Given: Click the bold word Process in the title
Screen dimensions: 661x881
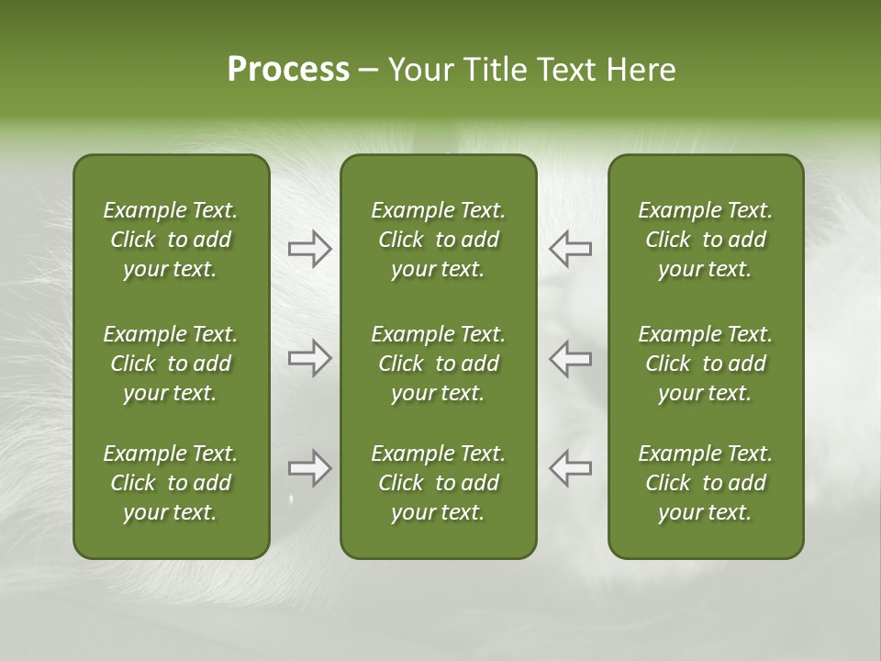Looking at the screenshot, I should [288, 70].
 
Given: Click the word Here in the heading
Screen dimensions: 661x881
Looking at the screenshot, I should [641, 70].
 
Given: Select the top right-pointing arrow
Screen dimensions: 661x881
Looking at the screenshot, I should [309, 249].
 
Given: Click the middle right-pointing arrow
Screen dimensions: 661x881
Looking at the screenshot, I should [309, 358].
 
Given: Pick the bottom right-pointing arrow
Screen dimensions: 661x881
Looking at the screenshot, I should [309, 468].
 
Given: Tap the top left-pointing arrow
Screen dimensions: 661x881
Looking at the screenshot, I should [570, 249].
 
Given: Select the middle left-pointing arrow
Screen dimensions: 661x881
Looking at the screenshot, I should [570, 358].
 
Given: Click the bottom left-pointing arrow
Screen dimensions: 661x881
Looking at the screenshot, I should [570, 468].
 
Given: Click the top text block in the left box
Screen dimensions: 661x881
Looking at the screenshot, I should [171, 240].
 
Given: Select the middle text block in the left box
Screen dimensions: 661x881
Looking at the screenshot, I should [171, 364].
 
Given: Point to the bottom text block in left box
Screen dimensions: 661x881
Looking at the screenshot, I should [171, 483].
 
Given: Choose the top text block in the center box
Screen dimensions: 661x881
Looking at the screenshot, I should [438, 240].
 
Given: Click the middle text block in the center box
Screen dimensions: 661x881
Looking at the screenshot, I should [438, 364].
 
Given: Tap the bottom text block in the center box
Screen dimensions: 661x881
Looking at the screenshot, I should [438, 483].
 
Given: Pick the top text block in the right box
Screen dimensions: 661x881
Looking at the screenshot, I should [705, 240].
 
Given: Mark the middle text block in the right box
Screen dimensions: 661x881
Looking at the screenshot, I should [705, 364].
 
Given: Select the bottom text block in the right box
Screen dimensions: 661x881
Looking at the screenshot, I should [705, 483].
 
